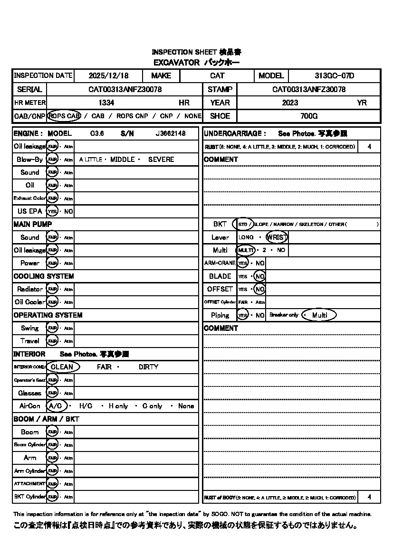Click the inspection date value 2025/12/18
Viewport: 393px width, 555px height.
click(x=108, y=75)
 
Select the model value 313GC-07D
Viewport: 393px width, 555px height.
click(x=334, y=75)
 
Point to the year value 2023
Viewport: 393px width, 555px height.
click(x=290, y=103)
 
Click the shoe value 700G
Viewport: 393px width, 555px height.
click(x=309, y=116)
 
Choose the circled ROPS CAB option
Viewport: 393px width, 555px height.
click(x=64, y=116)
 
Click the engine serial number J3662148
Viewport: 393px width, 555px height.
click(x=170, y=134)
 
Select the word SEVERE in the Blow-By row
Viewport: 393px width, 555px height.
click(x=161, y=160)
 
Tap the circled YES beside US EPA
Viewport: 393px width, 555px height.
click(x=52, y=211)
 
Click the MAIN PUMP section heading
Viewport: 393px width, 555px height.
click(x=33, y=224)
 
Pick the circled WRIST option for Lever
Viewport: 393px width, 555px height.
click(x=277, y=237)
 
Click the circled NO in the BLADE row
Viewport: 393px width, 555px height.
click(x=259, y=276)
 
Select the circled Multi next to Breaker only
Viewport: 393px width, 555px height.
click(x=319, y=315)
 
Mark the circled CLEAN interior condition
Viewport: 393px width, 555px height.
click(x=62, y=367)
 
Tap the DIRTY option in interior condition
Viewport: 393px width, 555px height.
click(x=148, y=367)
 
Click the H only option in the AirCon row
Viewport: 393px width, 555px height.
click(x=118, y=406)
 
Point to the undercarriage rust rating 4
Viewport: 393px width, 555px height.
click(x=369, y=147)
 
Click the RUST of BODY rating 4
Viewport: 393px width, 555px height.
click(x=369, y=498)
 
